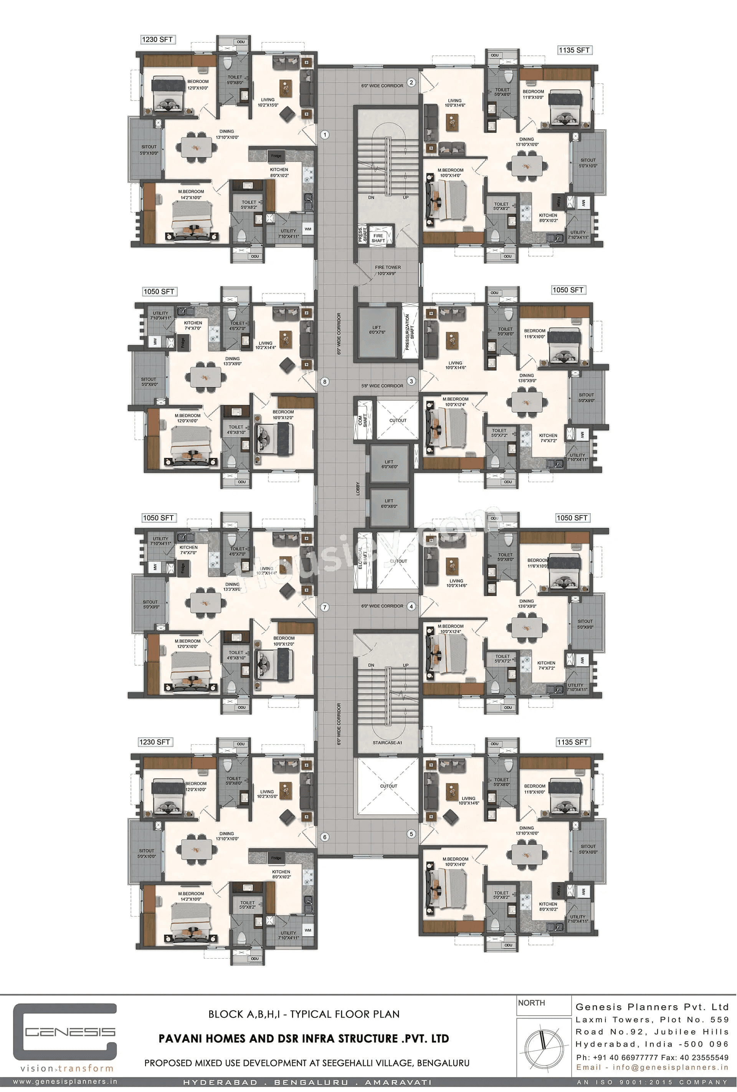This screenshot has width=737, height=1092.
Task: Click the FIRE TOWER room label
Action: click(x=388, y=270)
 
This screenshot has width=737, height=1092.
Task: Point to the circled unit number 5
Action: click(x=411, y=834)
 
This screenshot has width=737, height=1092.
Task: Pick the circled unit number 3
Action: click(x=411, y=381)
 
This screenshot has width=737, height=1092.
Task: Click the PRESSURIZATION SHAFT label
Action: click(x=410, y=332)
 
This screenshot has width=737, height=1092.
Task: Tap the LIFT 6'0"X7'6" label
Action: click(x=377, y=330)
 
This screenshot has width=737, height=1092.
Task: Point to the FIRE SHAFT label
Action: click(x=378, y=238)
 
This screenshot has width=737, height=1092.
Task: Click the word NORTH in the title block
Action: click(x=531, y=1003)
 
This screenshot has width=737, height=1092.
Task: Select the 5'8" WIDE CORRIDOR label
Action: click(x=382, y=386)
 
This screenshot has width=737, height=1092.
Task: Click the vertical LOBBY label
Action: click(x=358, y=489)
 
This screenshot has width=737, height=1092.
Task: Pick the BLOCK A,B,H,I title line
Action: click(x=304, y=1014)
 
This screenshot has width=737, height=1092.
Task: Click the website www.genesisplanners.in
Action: click(x=65, y=1082)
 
